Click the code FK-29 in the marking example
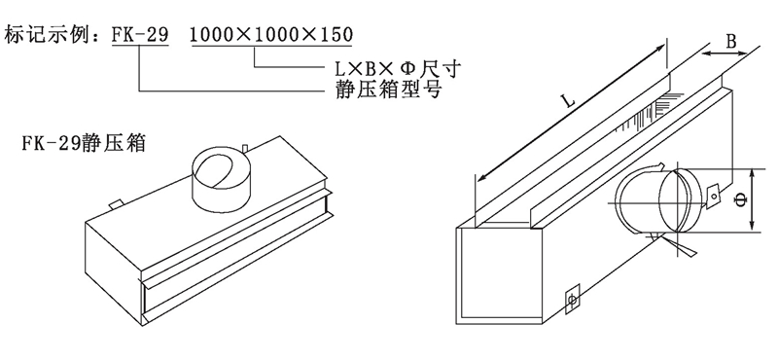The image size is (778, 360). (x=140, y=34)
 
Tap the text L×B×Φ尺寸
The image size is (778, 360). (x=396, y=68)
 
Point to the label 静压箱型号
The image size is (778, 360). (x=388, y=90)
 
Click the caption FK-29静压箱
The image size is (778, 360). (x=84, y=143)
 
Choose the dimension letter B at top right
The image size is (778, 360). (x=731, y=42)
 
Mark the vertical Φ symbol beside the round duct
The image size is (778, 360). (x=741, y=200)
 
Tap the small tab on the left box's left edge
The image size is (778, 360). (x=116, y=203)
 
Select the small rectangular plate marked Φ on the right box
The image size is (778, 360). (x=572, y=299)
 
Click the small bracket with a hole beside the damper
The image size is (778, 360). (x=714, y=195)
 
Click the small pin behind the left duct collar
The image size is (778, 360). (x=246, y=148)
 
